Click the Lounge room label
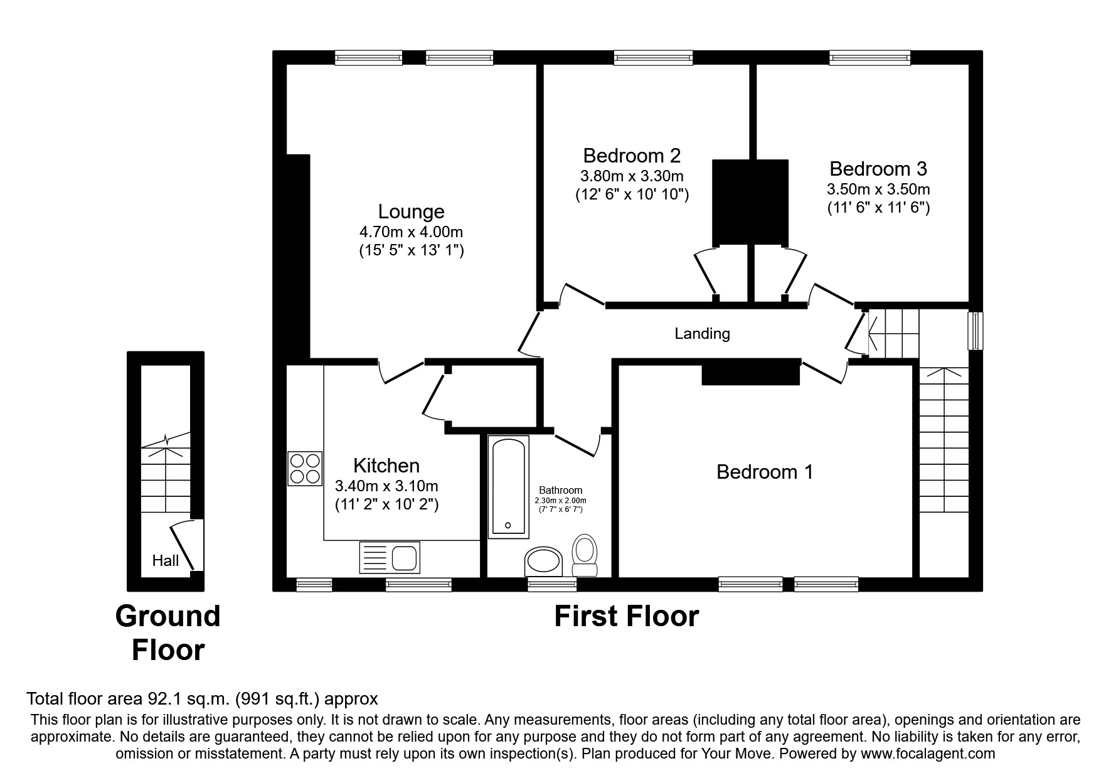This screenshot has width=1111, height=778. coord(411,212)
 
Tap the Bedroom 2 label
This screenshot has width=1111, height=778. coord(632,156)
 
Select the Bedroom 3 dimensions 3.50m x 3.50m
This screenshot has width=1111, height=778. coord(878,189)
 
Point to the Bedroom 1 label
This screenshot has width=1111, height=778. coord(765,472)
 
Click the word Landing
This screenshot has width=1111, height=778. coord(702,334)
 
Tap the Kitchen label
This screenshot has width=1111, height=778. coord(386,466)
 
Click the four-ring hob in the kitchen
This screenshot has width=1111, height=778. coord(305,468)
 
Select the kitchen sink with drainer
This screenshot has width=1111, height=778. coord(390,557)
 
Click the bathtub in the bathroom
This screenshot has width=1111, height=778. coord(508,487)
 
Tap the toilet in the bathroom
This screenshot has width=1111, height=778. coord(585,555)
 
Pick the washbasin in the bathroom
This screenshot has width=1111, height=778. coord(543,560)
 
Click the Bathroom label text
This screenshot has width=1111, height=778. coord(560,491)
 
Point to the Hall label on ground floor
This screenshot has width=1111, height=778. coord(166,560)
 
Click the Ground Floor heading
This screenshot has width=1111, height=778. coord(168,632)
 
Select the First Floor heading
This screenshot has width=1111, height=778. coord(626,616)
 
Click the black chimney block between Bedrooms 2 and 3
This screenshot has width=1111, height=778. coord(750,201)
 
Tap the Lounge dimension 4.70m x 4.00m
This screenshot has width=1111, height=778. coord(411,232)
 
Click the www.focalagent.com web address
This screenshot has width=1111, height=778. coord(928,754)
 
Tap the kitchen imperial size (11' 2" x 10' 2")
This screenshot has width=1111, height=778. coord(386,504)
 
